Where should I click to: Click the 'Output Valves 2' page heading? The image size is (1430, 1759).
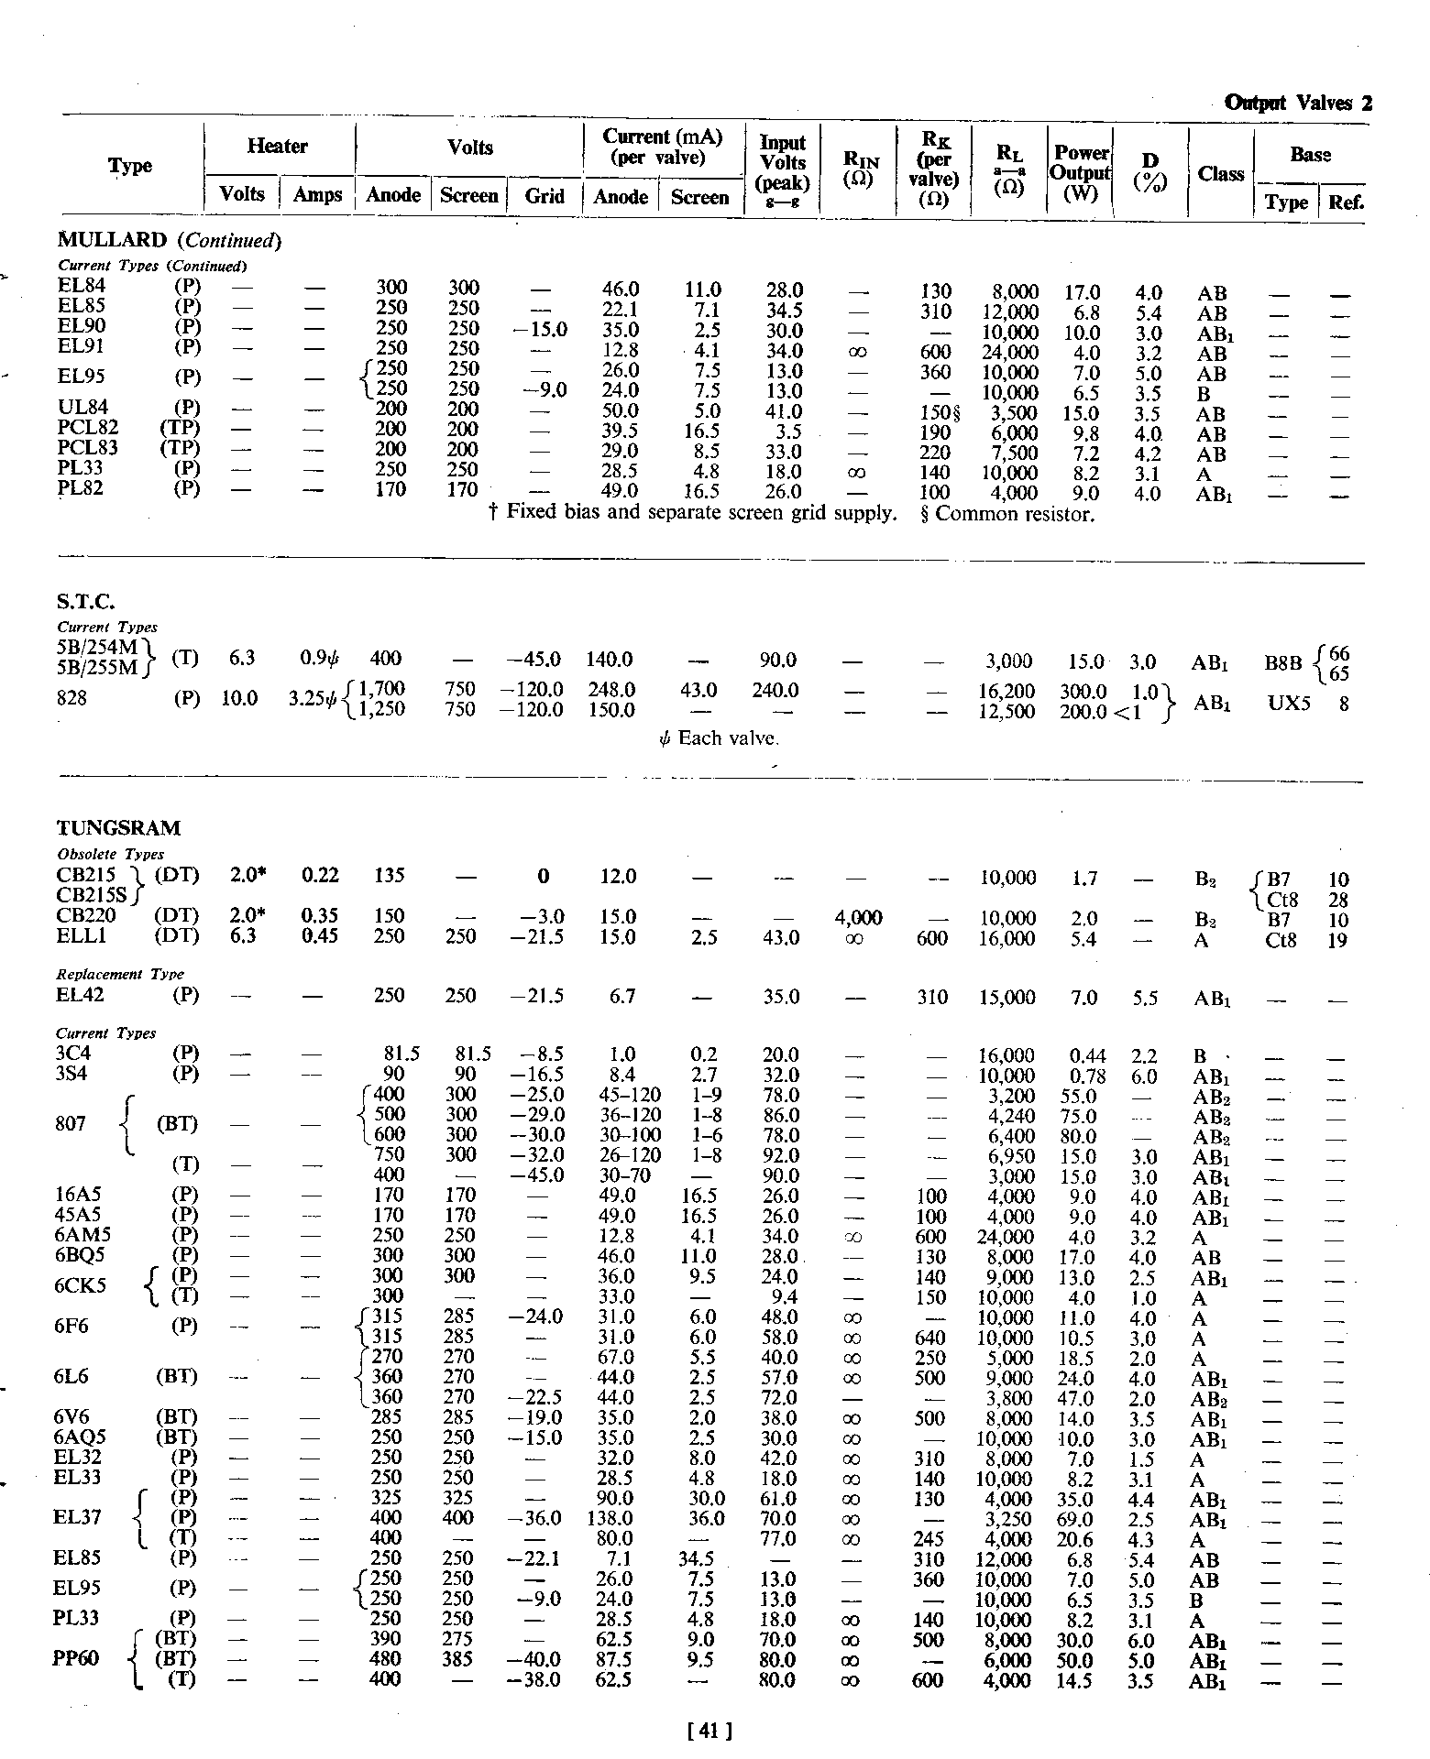[1298, 104]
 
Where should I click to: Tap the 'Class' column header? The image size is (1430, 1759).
[1220, 174]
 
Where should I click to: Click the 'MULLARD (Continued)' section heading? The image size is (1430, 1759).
[169, 241]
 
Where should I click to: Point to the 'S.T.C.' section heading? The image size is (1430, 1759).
[86, 602]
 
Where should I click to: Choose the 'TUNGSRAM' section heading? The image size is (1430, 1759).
[118, 828]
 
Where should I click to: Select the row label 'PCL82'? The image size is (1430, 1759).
[88, 428]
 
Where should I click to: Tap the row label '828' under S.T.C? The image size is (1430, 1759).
[71, 698]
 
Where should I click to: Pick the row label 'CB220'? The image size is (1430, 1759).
[86, 915]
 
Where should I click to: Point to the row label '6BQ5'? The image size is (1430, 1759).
[82, 1255]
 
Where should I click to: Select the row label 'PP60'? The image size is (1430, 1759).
[77, 1679]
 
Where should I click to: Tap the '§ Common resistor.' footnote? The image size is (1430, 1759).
[1006, 514]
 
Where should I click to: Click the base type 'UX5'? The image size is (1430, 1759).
[1289, 704]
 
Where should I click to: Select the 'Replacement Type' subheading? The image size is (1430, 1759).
[120, 974]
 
